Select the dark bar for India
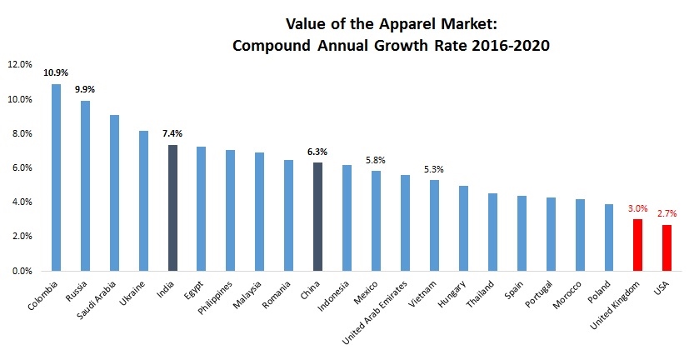[x=172, y=207]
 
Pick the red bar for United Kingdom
[x=637, y=245]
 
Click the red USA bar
[x=667, y=247]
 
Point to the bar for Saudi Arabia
[x=114, y=192]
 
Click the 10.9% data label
[x=56, y=72]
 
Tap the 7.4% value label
[x=172, y=132]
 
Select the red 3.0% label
[x=637, y=208]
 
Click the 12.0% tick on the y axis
[x=19, y=64]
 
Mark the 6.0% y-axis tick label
[x=20, y=167]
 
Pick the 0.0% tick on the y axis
[x=20, y=271]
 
